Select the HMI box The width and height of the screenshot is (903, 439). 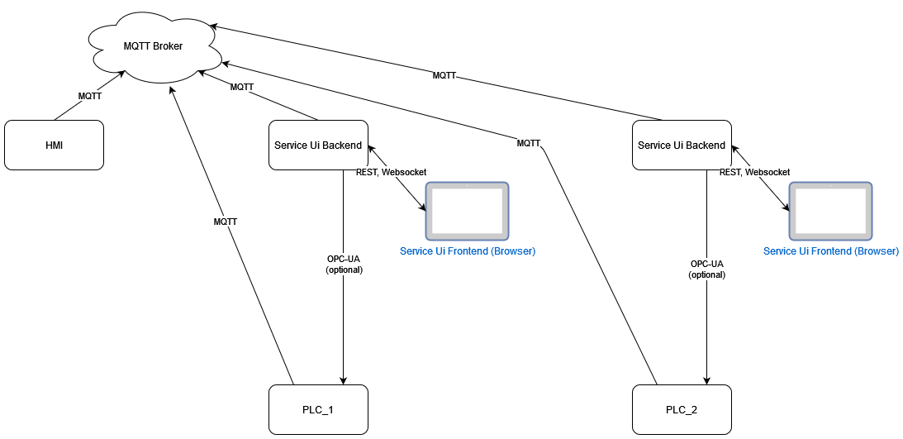tap(55, 146)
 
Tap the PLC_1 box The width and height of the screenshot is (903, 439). tap(318, 409)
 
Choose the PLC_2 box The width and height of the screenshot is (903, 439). tap(682, 409)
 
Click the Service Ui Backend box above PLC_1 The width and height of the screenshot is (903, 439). tap(318, 146)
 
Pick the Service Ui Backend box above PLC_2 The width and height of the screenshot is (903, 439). tap(682, 146)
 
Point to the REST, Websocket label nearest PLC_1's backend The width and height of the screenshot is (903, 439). tap(391, 172)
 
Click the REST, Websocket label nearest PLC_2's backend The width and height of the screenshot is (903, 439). tap(754, 172)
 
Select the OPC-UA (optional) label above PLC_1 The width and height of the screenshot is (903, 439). tap(344, 265)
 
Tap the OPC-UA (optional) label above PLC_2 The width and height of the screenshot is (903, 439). tap(706, 269)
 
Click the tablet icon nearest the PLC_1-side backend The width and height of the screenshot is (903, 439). tap(467, 210)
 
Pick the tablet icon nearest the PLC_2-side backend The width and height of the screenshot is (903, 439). tap(830, 210)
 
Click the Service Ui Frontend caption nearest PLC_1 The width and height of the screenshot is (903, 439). tap(468, 251)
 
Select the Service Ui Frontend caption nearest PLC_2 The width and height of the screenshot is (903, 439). tap(831, 251)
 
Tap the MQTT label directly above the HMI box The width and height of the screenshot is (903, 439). tap(89, 96)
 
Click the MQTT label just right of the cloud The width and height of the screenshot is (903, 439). tap(241, 87)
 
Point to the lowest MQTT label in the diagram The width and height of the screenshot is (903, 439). tap(226, 222)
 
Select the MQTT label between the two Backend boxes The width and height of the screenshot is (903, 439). tap(528, 143)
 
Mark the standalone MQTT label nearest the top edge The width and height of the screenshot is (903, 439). tap(444, 75)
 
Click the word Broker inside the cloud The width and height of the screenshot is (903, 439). tap(168, 46)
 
